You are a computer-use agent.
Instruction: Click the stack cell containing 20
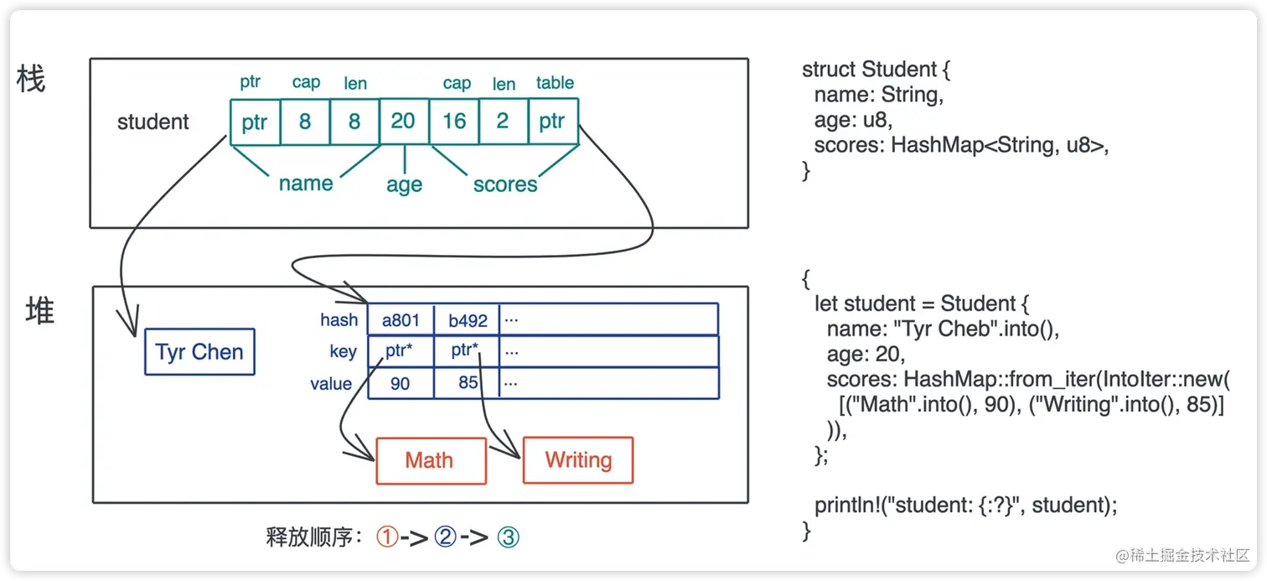(x=404, y=122)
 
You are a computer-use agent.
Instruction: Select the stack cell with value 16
(x=453, y=122)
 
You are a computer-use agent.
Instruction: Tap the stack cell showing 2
(x=504, y=122)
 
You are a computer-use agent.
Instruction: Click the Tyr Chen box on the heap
(x=199, y=352)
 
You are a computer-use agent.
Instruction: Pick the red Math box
(x=431, y=460)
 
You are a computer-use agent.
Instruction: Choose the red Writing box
(x=578, y=460)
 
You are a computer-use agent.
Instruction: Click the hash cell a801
(x=401, y=320)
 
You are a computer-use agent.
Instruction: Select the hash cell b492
(x=468, y=320)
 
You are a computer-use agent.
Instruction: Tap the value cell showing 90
(x=401, y=384)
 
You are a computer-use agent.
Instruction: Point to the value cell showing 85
(x=468, y=384)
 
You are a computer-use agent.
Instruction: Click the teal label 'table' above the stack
(x=555, y=83)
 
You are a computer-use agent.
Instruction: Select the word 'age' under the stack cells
(x=404, y=185)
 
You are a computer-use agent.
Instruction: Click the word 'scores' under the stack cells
(x=505, y=184)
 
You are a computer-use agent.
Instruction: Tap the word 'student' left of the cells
(x=153, y=122)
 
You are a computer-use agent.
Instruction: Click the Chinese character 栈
(x=30, y=79)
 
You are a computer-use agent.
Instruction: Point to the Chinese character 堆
(x=39, y=310)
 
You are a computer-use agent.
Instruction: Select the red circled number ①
(x=387, y=537)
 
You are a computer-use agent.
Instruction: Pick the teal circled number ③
(x=508, y=537)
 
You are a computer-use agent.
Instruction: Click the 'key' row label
(x=343, y=352)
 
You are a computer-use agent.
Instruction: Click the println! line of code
(x=966, y=505)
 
